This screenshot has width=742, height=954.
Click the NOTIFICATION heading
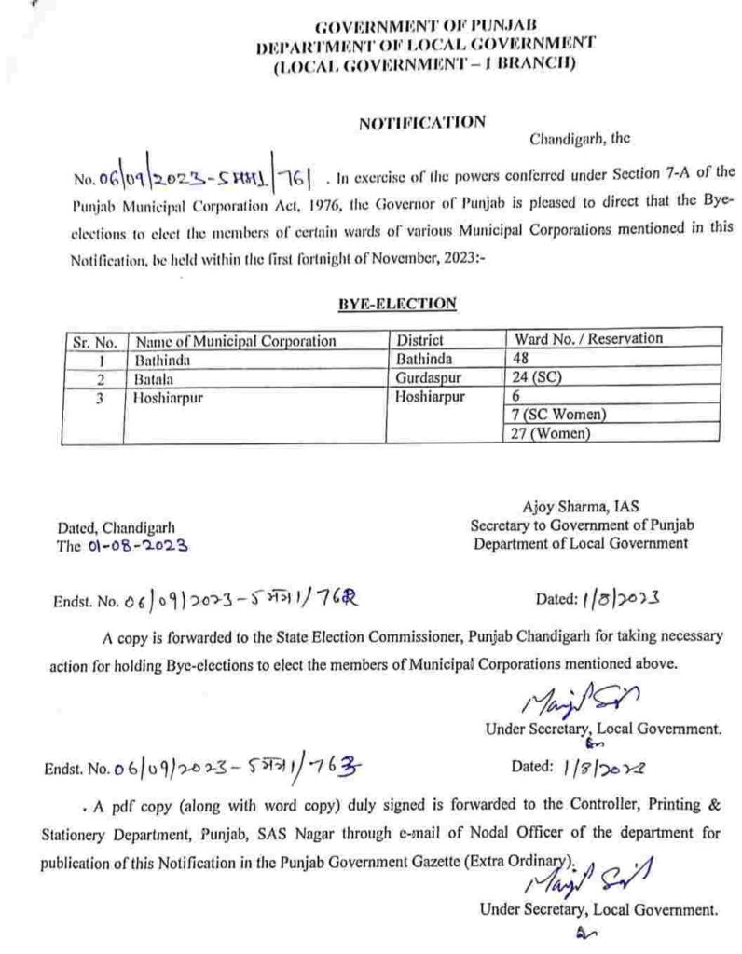[422, 121]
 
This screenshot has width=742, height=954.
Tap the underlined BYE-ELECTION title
[408, 303]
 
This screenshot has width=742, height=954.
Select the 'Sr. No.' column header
[94, 341]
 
